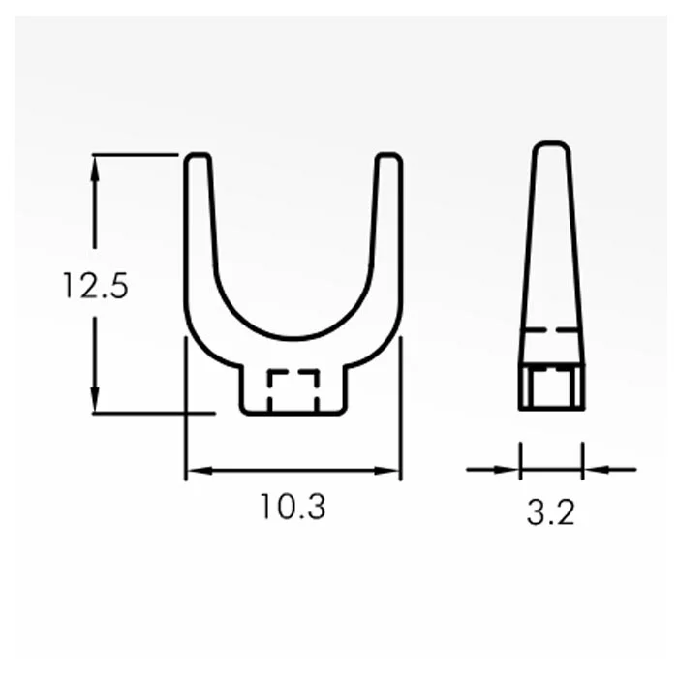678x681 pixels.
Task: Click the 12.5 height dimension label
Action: pos(96,286)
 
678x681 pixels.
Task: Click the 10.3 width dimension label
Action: pos(293,507)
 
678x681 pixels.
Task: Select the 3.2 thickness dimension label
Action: pos(550,512)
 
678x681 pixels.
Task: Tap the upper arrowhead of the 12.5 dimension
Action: pos(95,170)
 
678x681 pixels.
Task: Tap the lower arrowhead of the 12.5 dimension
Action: pos(95,398)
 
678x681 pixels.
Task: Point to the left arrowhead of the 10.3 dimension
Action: pos(200,471)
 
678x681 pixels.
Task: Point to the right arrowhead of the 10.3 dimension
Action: pos(385,471)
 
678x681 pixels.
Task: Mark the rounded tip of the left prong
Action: pos(199,155)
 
